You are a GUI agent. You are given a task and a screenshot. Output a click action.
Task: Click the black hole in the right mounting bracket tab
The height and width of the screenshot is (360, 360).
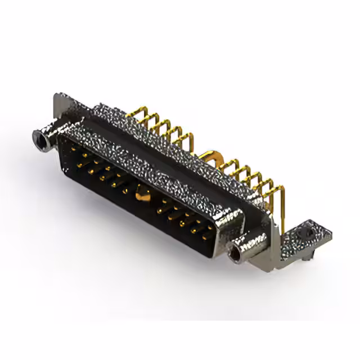pos(308,231)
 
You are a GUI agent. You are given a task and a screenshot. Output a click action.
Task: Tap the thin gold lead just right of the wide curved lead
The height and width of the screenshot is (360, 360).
pos(228,163)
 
